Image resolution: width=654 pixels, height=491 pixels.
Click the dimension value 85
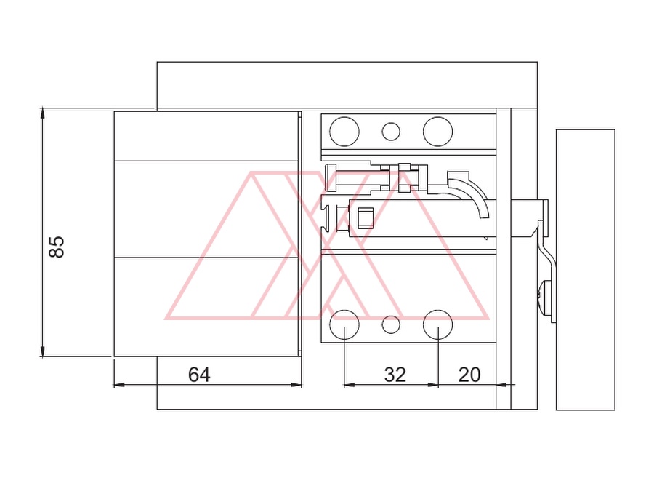tap(57, 247)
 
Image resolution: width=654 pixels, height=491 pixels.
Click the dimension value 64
tap(199, 375)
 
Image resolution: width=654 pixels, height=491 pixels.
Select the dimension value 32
tap(395, 375)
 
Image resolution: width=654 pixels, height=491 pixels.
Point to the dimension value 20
tap(469, 375)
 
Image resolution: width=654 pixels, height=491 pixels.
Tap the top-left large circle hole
tap(344, 132)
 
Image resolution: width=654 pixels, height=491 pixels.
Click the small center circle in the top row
tap(391, 132)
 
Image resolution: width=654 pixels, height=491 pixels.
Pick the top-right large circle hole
tap(438, 132)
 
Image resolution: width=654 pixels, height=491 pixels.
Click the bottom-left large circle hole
tap(344, 324)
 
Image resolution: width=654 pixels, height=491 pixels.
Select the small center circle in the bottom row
tap(391, 324)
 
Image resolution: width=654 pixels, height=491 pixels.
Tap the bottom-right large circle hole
tap(438, 324)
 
